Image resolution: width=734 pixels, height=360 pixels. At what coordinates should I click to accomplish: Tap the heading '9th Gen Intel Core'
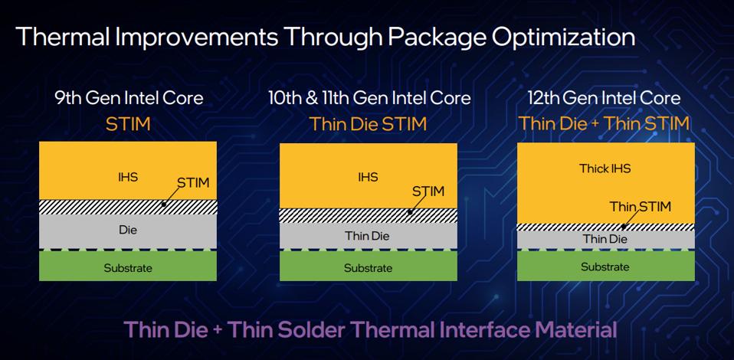(x=129, y=98)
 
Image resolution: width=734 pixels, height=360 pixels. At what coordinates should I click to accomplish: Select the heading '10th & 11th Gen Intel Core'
(x=369, y=98)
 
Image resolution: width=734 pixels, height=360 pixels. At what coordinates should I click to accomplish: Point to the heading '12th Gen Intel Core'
(x=604, y=98)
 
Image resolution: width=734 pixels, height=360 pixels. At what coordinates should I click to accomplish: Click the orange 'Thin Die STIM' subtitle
(x=368, y=124)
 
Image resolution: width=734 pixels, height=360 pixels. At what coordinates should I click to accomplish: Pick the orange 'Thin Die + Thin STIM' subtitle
(x=604, y=123)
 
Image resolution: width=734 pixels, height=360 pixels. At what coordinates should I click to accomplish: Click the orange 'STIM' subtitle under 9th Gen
(x=128, y=124)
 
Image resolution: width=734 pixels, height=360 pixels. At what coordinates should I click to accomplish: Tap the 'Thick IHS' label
(x=605, y=169)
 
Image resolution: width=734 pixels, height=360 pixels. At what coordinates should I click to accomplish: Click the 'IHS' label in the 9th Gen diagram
(x=128, y=177)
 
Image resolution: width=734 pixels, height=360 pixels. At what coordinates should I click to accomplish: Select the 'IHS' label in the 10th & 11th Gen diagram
(x=368, y=177)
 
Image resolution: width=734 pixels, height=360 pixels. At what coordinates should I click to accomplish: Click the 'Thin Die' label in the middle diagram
(x=367, y=236)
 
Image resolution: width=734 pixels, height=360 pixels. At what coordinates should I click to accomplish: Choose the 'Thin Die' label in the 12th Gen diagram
(x=605, y=239)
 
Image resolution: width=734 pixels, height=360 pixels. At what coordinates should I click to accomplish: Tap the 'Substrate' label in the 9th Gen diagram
(x=128, y=268)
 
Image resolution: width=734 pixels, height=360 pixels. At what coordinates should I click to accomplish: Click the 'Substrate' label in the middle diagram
(x=368, y=268)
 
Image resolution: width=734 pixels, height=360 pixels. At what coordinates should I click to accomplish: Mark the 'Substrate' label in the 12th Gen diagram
(x=605, y=267)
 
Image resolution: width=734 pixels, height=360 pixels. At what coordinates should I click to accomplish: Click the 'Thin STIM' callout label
(x=641, y=207)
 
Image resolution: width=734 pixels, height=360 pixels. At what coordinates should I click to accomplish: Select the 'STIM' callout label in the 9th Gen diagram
(x=193, y=182)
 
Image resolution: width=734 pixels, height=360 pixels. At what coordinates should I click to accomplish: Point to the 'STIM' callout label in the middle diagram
(x=428, y=191)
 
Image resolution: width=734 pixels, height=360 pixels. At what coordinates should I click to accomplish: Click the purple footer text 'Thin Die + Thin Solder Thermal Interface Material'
(x=371, y=330)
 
